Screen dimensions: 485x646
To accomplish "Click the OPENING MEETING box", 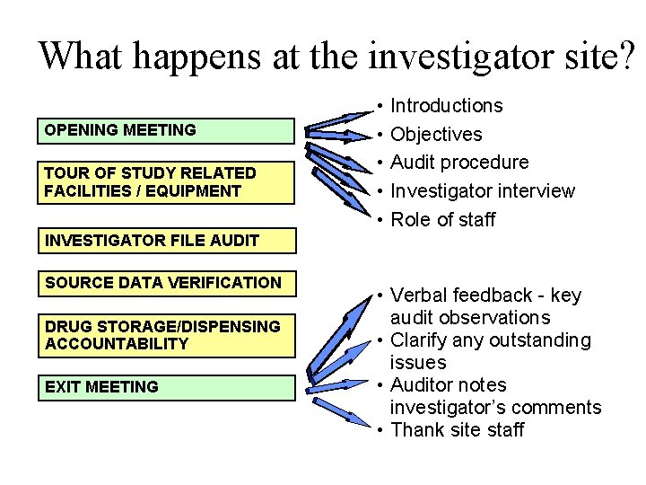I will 166,131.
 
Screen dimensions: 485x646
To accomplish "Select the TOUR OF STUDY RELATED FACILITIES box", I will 166,182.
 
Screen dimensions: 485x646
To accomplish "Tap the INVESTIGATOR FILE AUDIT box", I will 166,241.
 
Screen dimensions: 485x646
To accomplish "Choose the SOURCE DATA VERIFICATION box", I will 166,284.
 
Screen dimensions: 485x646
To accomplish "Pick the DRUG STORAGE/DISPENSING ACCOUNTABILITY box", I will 166,335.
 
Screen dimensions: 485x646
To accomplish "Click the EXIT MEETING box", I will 166,387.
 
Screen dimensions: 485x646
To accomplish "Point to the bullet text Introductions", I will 447,106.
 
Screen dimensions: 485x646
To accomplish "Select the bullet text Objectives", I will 436,135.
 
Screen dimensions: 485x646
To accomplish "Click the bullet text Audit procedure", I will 460,163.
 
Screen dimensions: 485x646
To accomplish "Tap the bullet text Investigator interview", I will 483,191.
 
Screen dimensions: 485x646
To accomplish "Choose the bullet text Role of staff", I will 443,220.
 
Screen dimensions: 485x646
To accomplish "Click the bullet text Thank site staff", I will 458,430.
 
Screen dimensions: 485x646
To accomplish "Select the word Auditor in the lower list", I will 423,385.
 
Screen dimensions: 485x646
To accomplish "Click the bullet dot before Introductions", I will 381,107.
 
